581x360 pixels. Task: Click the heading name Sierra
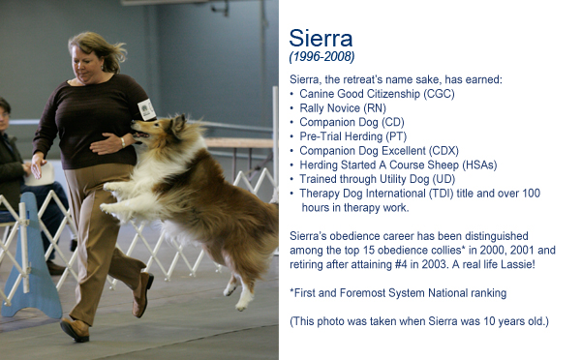click(321, 38)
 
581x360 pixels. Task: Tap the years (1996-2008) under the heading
click(321, 57)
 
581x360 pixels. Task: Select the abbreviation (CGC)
click(439, 94)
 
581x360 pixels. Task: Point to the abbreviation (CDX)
click(443, 151)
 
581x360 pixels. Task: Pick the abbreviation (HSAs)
click(479, 165)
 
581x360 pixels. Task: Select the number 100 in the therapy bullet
click(531, 194)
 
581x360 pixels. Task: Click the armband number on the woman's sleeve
click(146, 109)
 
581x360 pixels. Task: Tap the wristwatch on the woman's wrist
click(123, 142)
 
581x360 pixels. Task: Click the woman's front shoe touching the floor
click(75, 329)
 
